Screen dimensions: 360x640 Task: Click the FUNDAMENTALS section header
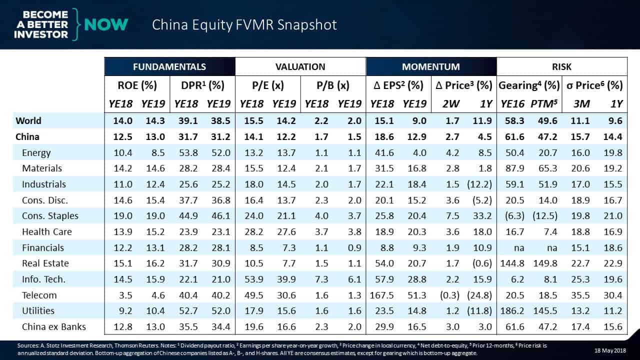coord(169,66)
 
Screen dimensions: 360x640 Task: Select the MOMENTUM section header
coord(431,66)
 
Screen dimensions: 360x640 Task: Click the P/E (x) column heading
coord(268,85)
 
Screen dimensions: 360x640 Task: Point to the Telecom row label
coord(39,295)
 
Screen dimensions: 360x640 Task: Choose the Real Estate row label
coord(45,263)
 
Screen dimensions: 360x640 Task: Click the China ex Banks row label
coord(54,327)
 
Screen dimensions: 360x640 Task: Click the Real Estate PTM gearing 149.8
coord(544,263)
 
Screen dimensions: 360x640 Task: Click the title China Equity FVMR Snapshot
coord(244,25)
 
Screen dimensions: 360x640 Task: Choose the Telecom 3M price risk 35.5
coord(580,295)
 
